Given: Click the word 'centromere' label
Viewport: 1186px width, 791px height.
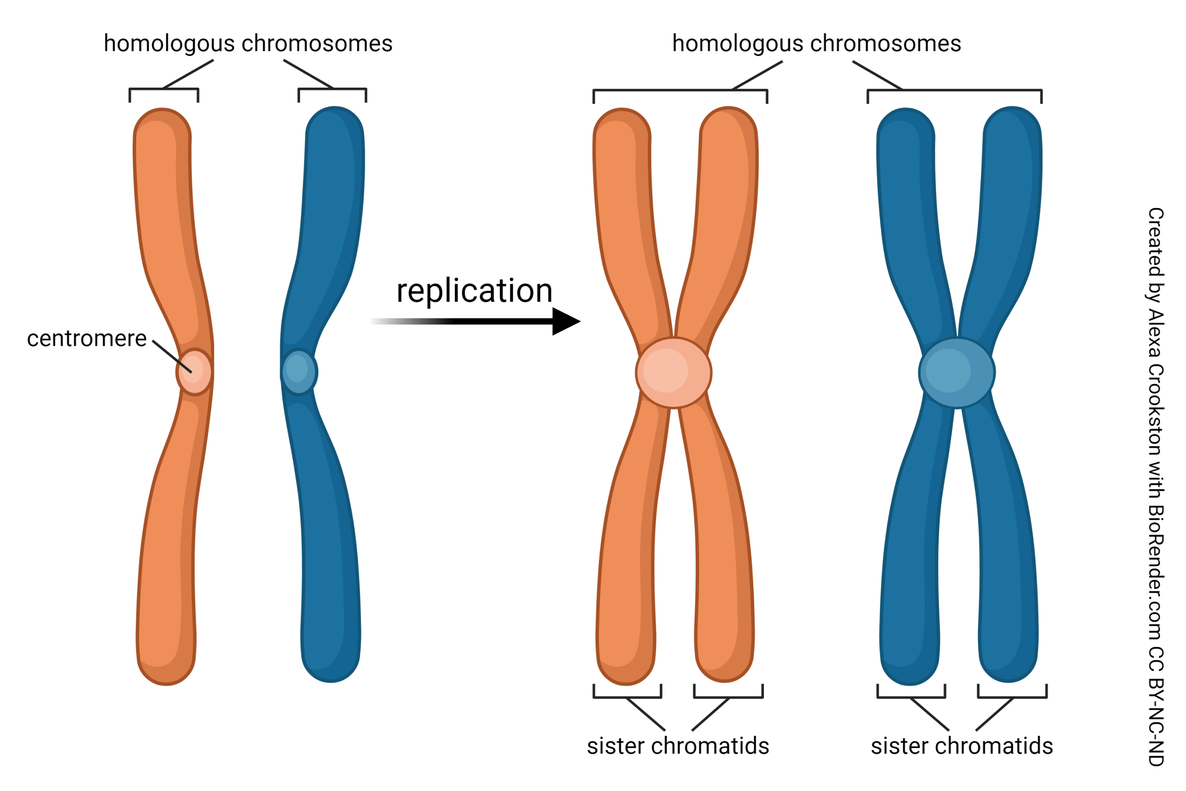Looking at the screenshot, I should (x=87, y=338).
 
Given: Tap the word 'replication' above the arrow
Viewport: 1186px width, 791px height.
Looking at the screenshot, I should (x=474, y=291).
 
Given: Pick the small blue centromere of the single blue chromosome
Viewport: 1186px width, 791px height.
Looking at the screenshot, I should (x=298, y=372).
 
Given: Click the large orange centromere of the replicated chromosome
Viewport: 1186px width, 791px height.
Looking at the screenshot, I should (x=674, y=372).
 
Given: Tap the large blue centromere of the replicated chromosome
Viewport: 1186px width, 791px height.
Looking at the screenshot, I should (x=957, y=372).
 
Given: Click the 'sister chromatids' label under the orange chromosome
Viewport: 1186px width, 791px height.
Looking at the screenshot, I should (x=678, y=746).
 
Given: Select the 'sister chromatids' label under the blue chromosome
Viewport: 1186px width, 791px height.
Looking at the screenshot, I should (x=962, y=746).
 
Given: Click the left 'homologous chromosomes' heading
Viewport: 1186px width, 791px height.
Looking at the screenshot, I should (x=247, y=44).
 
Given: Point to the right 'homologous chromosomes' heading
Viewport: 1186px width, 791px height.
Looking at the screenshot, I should (x=816, y=44).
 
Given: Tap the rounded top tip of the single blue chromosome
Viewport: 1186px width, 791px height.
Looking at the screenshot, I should (x=334, y=121).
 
